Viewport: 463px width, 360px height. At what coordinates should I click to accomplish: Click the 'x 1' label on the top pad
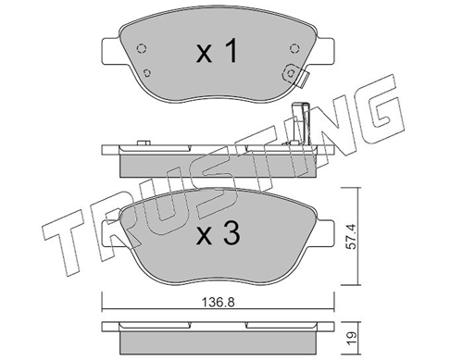[218, 51]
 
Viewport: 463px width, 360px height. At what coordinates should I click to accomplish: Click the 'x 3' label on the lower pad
[218, 233]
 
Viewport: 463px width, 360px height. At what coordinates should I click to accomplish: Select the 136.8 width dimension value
[219, 303]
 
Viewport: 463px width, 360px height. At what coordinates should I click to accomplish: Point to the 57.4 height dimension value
[353, 236]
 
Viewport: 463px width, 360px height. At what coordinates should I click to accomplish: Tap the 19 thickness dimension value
[354, 339]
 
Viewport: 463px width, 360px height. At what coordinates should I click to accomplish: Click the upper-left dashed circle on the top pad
[141, 48]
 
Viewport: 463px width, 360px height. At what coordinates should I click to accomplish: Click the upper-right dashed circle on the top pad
[294, 48]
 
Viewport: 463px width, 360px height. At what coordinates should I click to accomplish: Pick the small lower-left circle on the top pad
[147, 73]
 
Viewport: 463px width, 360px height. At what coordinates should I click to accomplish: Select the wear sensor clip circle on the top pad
[291, 73]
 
